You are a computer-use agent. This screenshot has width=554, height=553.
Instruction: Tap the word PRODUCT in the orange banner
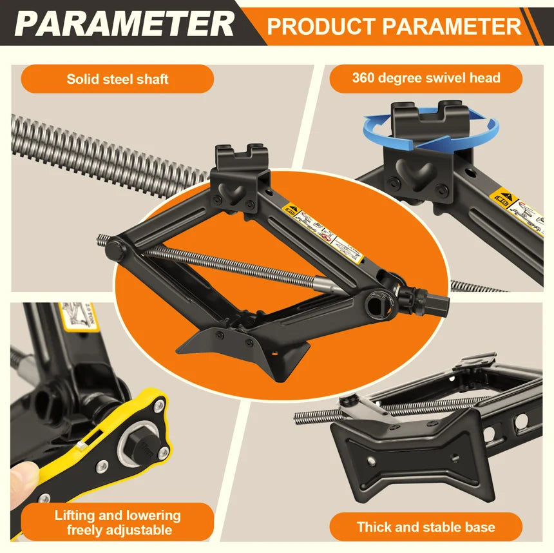[x=320, y=26]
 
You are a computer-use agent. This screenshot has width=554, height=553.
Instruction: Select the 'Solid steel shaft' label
[x=117, y=79]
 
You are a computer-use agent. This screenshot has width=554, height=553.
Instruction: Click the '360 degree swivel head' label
[x=426, y=78]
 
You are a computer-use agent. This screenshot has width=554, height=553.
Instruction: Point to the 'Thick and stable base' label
[x=426, y=527]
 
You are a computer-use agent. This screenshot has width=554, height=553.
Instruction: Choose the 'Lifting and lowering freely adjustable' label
[x=117, y=523]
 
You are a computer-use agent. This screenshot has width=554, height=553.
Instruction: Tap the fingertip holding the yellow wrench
[x=22, y=480]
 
